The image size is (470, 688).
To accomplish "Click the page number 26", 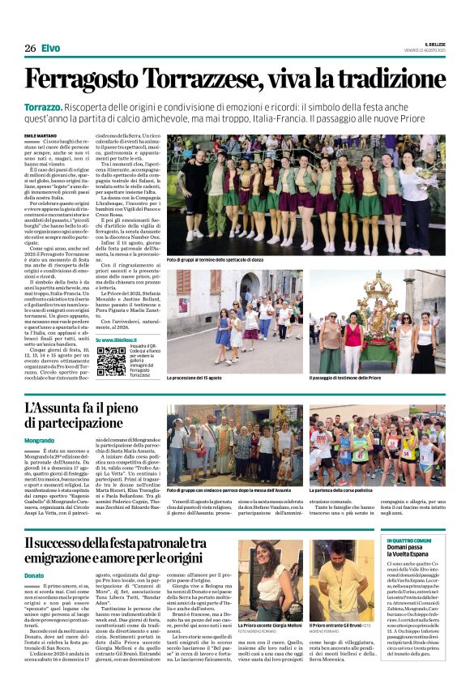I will click(30, 48).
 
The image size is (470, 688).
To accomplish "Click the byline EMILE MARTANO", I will click(41, 135).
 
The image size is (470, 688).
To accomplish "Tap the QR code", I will click(111, 361).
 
